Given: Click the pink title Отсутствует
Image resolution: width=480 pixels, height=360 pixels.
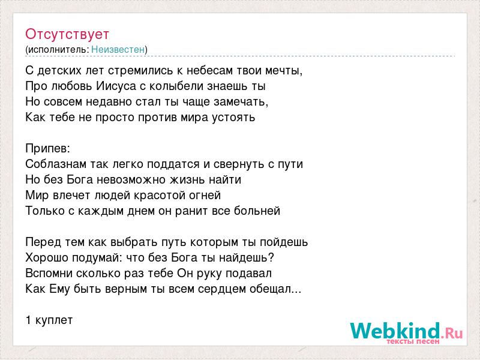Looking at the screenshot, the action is [67, 34].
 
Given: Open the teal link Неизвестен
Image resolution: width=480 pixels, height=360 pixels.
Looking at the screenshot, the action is [118, 49].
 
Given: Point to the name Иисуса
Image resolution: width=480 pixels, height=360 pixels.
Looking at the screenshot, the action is [116, 86].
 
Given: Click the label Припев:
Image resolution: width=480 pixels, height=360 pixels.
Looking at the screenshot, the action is [48, 149].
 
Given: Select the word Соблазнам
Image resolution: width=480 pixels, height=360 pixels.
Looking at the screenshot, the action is [56, 164].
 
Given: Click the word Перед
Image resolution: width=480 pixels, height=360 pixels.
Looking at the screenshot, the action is [43, 242].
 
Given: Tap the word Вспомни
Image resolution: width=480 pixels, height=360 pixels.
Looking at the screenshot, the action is [49, 274].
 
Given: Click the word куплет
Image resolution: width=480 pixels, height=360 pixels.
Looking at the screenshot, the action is [54, 320].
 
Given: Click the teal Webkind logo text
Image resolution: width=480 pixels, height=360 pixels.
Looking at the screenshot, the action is [395, 331].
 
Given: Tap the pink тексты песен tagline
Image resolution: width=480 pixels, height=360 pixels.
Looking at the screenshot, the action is [413, 341].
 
